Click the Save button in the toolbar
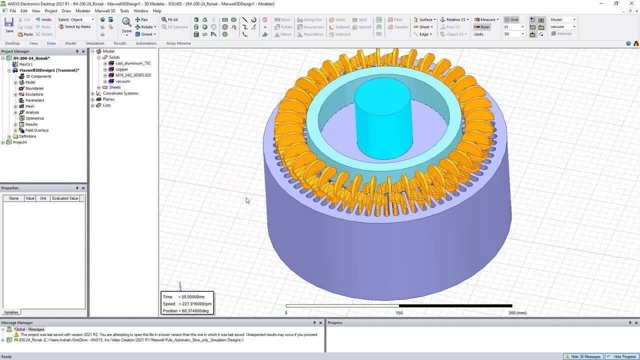click(9, 25)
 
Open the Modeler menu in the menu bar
click(83, 10)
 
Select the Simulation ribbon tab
click(95, 43)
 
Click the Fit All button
click(170, 19)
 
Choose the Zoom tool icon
click(126, 23)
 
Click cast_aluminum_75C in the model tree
click(133, 63)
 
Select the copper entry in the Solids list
click(122, 69)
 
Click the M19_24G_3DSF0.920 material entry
click(133, 75)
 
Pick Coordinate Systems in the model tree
click(120, 93)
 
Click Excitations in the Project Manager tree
click(34, 94)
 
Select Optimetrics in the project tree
click(34, 118)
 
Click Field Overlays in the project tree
click(37, 130)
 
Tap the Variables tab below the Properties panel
click(11, 312)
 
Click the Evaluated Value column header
click(65, 198)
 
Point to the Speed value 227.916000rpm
click(195, 304)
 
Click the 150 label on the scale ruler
click(399, 313)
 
